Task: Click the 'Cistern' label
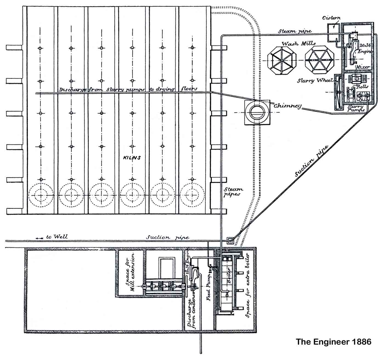pos(331,18)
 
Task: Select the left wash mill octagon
pos(282,60)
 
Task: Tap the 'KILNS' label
pos(132,158)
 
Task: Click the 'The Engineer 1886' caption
pos(333,342)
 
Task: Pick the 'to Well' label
pos(57,237)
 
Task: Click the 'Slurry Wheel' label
pos(315,81)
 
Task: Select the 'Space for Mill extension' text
pos(130,273)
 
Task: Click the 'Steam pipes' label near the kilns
pos(233,191)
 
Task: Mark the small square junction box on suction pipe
pos(230,241)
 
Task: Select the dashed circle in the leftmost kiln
pos(41,195)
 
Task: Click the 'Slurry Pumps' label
pos(356,108)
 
